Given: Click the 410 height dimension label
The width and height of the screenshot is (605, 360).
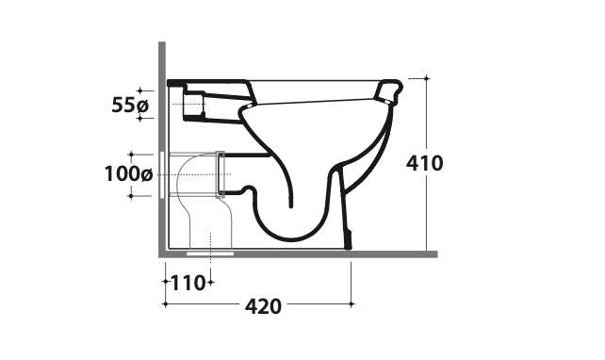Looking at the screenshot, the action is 424,163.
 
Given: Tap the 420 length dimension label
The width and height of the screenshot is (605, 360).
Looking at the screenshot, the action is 263,306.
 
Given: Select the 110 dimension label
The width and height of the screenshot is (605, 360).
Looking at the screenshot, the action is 188,284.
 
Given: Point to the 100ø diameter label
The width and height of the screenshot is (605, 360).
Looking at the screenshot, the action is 129,174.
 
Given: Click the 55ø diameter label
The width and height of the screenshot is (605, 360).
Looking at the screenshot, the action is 130,105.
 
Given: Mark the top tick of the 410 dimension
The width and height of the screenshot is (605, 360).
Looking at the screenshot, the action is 426,78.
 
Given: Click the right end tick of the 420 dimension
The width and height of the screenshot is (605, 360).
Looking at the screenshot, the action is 352,304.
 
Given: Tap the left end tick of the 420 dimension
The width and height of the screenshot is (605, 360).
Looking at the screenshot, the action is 166,304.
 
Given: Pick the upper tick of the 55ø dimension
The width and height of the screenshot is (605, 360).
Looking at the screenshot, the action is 140,91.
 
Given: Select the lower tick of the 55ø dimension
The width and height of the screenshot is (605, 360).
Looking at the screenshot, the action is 140,119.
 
